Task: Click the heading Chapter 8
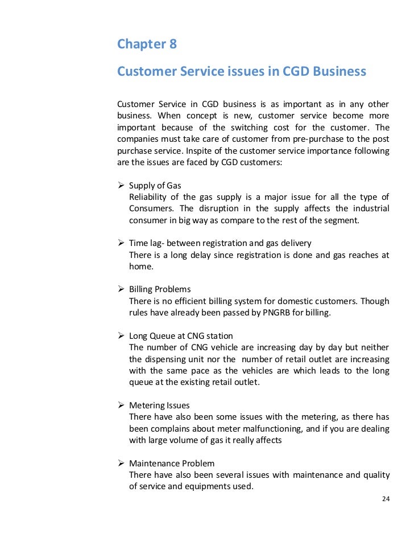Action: pyautogui.click(x=147, y=44)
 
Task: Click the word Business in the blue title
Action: pyautogui.click(x=334, y=72)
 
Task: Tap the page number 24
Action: pyautogui.click(x=385, y=499)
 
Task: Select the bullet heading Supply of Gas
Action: pyautogui.click(x=155, y=185)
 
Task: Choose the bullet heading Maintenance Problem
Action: pyautogui.click(x=172, y=463)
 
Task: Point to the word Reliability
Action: pyautogui.click(x=148, y=197)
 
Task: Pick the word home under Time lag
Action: pyautogui.click(x=140, y=266)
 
